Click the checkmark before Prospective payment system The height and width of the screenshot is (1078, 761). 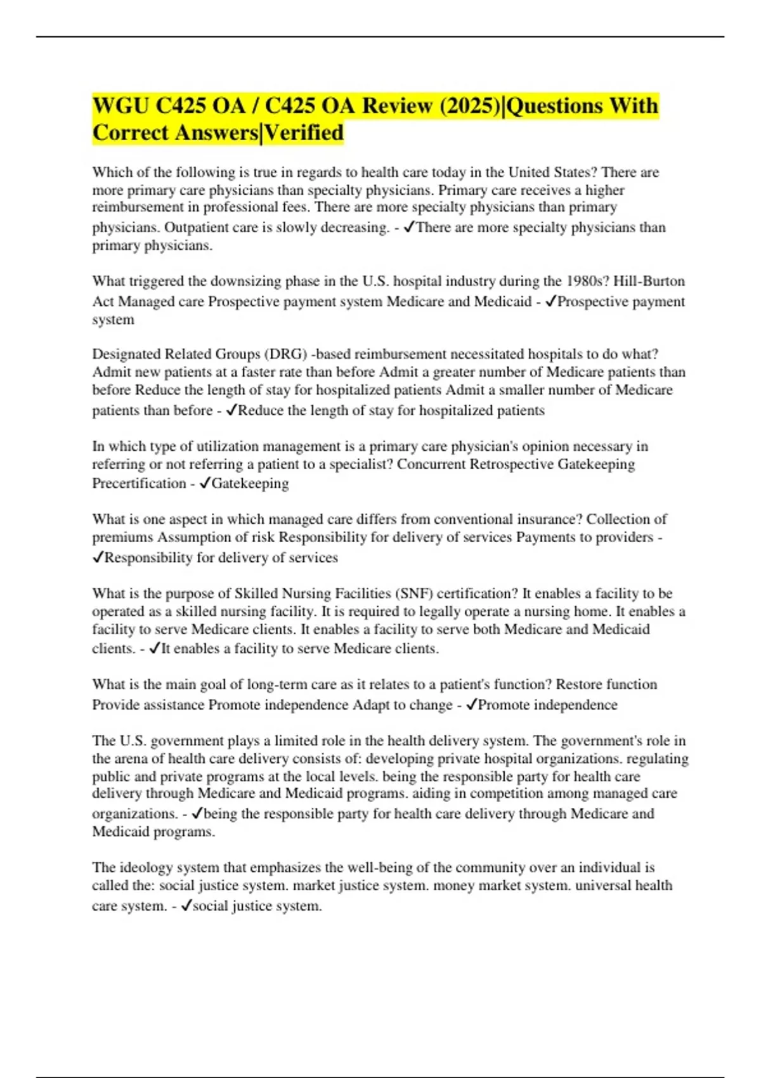[550, 301]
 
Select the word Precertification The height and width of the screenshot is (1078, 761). [139, 483]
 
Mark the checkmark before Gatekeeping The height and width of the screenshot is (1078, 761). [205, 483]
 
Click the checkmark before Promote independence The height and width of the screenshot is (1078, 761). [471, 705]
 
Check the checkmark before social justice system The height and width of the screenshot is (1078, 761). [186, 906]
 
